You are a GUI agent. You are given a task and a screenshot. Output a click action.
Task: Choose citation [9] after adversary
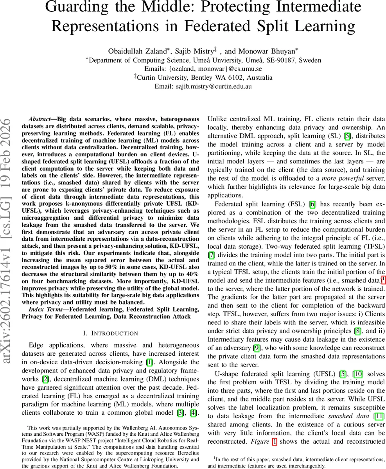click(x=257, y=348)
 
